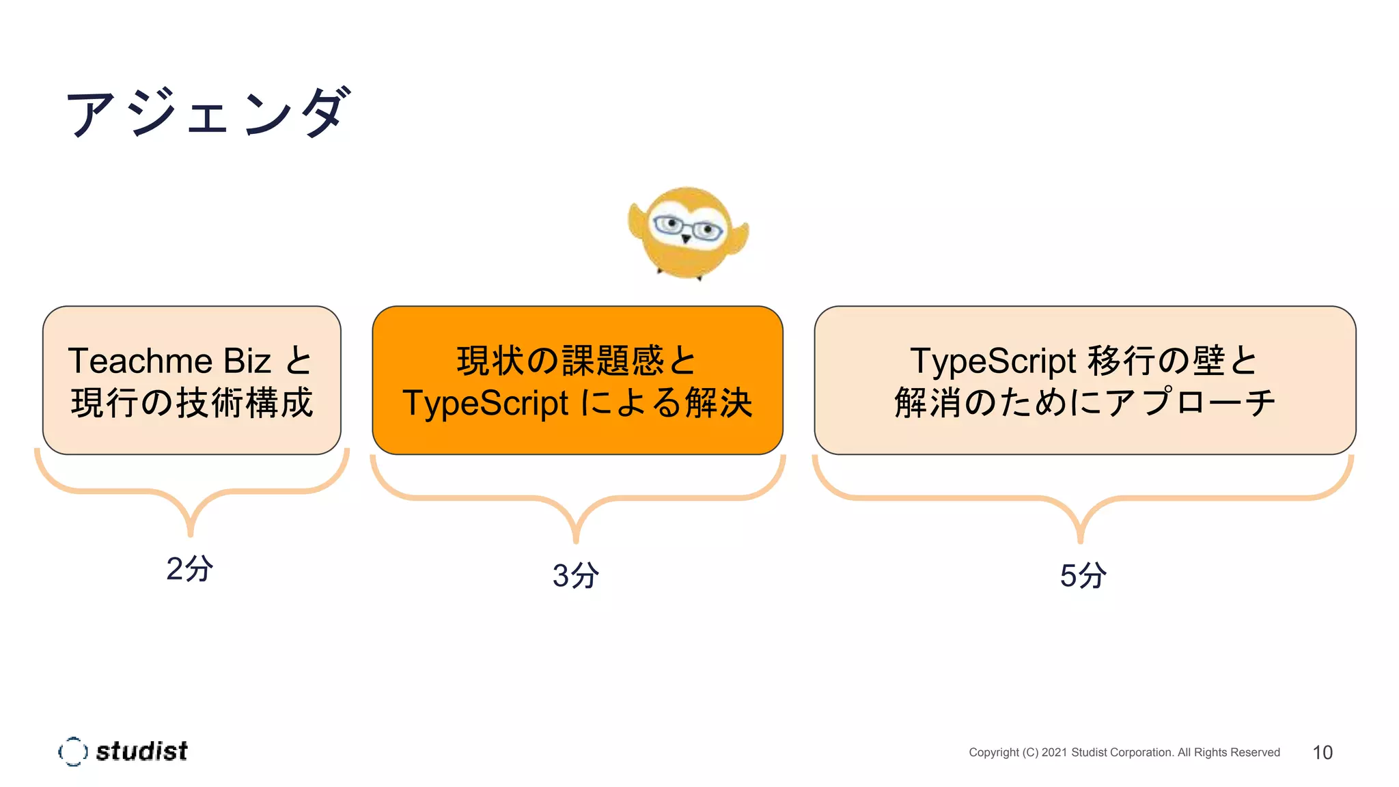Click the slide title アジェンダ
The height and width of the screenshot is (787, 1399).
[208, 113]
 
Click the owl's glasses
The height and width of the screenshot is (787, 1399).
[687, 227]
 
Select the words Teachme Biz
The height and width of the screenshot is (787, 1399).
[169, 361]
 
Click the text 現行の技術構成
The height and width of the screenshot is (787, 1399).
[192, 402]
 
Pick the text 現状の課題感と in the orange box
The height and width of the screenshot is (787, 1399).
[577, 361]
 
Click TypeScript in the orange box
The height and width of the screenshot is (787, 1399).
[485, 403]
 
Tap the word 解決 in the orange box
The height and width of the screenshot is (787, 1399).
[719, 403]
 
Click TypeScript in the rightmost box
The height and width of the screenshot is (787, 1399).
[993, 361]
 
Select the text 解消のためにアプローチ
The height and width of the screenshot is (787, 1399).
[1084, 402]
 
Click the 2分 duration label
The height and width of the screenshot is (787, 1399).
[189, 568]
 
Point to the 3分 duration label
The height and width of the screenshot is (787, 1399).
[576, 575]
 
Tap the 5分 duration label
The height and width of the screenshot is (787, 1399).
[1083, 575]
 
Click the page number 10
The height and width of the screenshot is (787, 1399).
[1322, 752]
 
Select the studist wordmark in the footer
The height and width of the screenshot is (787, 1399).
[141, 751]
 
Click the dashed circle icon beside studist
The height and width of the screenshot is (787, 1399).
[73, 751]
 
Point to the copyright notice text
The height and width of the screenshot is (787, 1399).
[1124, 752]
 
